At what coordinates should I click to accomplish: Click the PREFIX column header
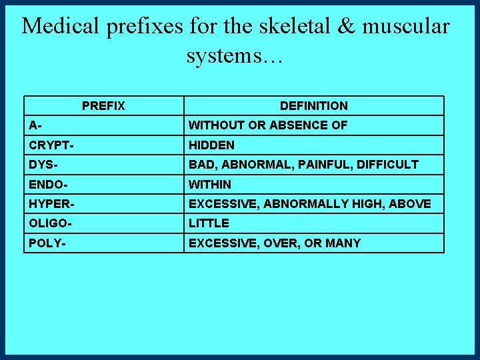[103, 106]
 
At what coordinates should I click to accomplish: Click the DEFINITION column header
[313, 106]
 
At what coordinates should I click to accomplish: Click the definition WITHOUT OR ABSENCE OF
[268, 125]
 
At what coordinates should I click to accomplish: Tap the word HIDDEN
[211, 145]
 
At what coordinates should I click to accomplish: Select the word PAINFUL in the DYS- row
[316, 164]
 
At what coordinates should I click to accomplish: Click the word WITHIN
[210, 184]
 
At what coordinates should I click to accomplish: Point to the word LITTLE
[209, 223]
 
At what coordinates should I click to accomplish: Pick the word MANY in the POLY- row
[343, 243]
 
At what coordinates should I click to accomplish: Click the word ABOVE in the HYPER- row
[411, 203]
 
